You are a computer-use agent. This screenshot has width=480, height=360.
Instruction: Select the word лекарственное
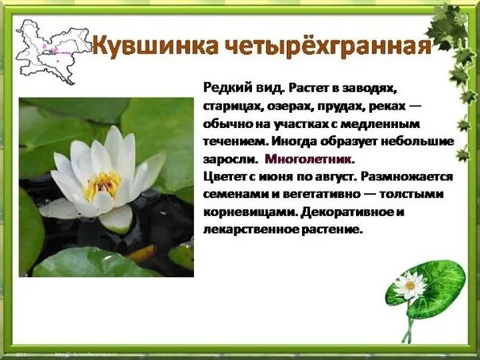[243, 230]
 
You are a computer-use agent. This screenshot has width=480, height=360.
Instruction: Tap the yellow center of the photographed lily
[102, 185]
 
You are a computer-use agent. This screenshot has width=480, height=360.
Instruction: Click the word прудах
[346, 106]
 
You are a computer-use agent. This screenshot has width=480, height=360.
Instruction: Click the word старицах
[234, 106]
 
